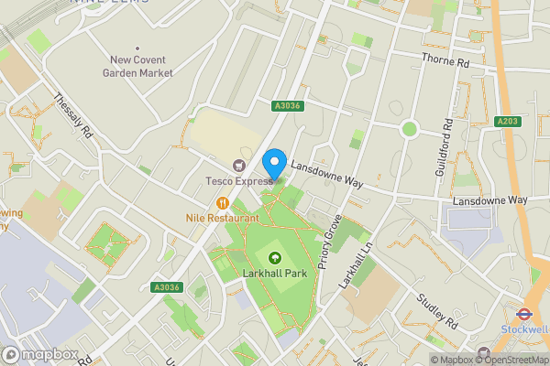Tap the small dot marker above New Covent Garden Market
[137, 48]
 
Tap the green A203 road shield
[507, 121]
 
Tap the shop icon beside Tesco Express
[240, 166]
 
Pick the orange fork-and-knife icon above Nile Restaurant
[222, 203]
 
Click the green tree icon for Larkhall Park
[274, 257]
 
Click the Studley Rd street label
[436, 311]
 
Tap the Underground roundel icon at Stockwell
[531, 309]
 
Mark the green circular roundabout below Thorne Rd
[409, 129]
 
